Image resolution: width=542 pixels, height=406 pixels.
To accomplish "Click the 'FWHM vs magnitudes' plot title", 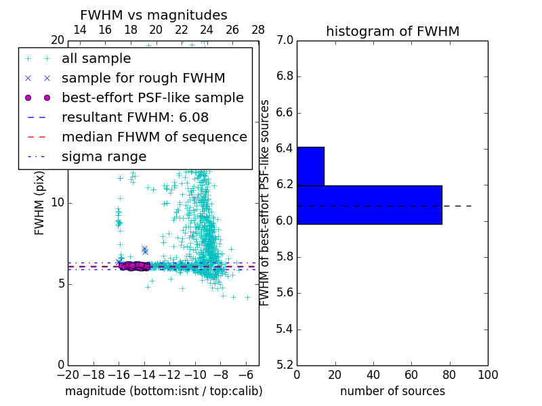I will click(153, 15).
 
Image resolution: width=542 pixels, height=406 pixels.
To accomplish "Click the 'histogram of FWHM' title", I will click(392, 31).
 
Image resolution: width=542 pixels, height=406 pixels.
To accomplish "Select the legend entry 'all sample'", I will click(96, 58).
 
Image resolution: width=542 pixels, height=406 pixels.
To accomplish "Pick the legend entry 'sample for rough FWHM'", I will click(143, 78).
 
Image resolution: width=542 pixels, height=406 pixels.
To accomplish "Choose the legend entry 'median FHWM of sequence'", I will click(154, 137).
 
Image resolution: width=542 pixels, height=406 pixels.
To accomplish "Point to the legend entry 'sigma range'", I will click(104, 156).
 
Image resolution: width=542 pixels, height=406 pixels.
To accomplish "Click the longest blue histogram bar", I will click(369, 204).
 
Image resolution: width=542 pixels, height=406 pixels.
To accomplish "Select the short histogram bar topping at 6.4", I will click(310, 166).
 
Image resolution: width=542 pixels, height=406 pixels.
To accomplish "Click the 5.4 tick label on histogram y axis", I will click(284, 329).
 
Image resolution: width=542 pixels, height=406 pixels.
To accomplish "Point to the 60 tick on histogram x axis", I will click(411, 374).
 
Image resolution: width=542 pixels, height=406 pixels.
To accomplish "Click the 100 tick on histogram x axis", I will click(488, 374).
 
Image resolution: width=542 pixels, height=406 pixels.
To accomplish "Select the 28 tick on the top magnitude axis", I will click(258, 30).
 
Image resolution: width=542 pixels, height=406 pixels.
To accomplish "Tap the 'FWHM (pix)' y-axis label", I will click(40, 203).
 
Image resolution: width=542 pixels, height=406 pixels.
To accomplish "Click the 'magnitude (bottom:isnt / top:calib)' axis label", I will click(163, 391).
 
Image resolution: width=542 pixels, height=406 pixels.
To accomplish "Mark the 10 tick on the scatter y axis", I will click(57, 202).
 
